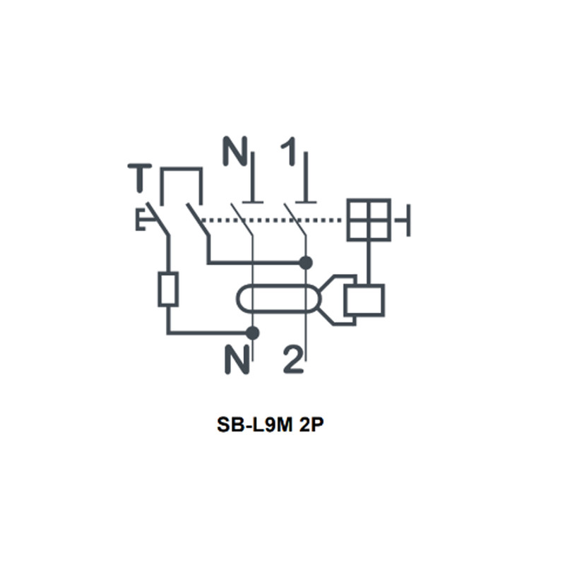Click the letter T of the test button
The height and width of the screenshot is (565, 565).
click(140, 179)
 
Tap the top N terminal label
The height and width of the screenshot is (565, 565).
click(235, 151)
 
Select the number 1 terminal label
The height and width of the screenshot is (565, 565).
click(289, 151)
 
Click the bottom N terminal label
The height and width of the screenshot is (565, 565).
click(237, 359)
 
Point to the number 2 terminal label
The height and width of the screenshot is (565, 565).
click(293, 359)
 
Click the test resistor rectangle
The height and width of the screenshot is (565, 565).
click(168, 290)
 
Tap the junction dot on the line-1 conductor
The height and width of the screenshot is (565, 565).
click(306, 263)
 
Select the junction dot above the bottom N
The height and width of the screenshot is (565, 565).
click(252, 333)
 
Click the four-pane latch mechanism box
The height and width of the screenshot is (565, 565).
click(369, 220)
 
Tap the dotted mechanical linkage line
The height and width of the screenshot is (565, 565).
click(270, 220)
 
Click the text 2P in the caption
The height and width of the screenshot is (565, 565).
click(311, 424)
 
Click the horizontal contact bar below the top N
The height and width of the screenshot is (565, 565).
click(253, 202)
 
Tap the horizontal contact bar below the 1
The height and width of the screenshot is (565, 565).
click(306, 202)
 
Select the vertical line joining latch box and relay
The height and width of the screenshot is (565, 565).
click(369, 263)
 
